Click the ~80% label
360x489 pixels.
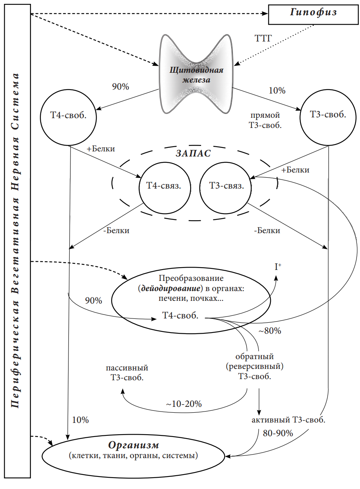coord(269,331)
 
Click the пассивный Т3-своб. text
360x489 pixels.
coord(127,373)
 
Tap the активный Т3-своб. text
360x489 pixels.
coord(288,421)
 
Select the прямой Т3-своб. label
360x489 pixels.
coord(266,120)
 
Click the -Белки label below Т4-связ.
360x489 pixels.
coord(116,230)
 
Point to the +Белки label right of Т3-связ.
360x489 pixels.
coord(295,170)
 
